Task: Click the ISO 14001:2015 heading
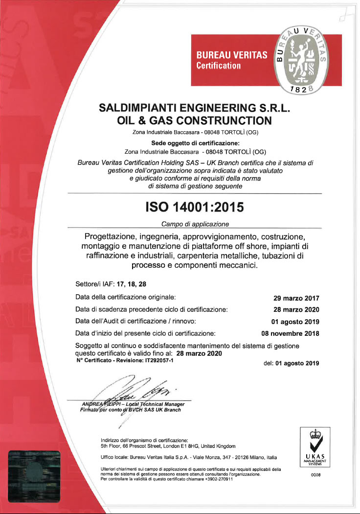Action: tap(194, 208)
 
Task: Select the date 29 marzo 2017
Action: tap(296, 298)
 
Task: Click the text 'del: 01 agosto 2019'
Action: tap(291, 363)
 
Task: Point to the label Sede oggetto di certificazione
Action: tap(194, 143)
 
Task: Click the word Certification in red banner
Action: tap(218, 65)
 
